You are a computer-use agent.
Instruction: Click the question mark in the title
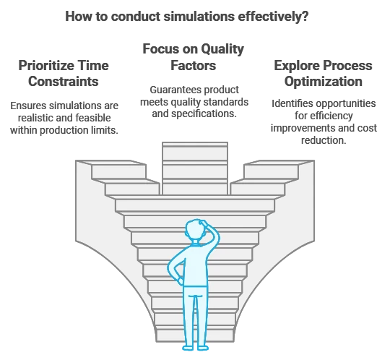[305, 17]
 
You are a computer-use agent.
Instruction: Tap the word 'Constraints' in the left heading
[63, 82]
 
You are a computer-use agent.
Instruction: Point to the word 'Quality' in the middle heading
[222, 49]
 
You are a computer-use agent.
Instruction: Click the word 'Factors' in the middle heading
[194, 66]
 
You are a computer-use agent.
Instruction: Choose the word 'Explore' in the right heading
[295, 66]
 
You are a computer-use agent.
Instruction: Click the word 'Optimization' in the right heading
[324, 82]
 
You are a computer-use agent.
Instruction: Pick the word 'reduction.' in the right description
[324, 140]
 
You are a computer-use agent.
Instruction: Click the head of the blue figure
[195, 230]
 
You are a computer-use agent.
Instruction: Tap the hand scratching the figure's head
[204, 223]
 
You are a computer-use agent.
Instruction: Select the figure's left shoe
[188, 348]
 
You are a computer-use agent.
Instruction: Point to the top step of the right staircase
[279, 163]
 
